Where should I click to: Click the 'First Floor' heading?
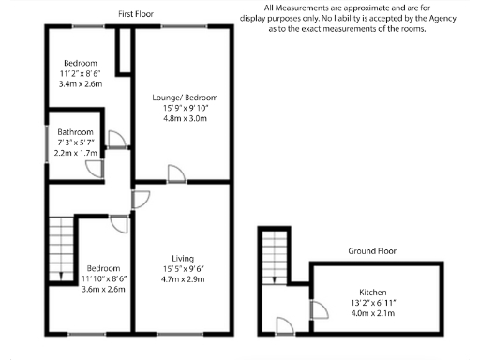(x=137, y=15)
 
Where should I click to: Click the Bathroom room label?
(x=74, y=132)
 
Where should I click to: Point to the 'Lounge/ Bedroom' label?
(x=185, y=97)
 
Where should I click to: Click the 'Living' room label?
(x=183, y=258)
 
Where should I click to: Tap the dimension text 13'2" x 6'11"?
(x=372, y=303)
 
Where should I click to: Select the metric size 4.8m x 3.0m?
(x=185, y=119)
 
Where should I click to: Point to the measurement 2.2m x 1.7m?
(x=76, y=153)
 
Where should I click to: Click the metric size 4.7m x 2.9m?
(x=183, y=278)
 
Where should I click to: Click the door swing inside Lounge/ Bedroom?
(x=175, y=172)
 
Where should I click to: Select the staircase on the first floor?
(x=60, y=246)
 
